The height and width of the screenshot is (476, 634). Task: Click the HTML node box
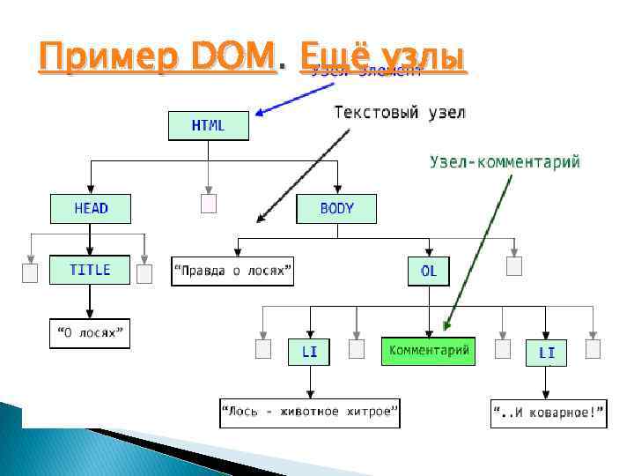209,125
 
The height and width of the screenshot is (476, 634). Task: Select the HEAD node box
91,209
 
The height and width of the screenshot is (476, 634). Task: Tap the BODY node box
336,209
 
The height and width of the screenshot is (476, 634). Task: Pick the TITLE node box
90,270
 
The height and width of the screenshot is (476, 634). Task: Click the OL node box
429,271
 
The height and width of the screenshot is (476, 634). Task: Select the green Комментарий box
428,351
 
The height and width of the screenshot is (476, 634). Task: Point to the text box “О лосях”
90,332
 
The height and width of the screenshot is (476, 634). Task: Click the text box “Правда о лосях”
232,271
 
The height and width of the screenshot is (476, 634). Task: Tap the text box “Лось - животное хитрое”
310,412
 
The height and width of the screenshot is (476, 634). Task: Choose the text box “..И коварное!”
549,413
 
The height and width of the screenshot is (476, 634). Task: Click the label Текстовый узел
400,113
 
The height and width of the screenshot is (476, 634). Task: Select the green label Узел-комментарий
505,161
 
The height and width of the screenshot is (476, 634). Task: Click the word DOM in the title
232,58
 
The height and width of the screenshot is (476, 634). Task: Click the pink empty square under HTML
209,204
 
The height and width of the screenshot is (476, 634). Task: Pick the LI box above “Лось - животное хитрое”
310,352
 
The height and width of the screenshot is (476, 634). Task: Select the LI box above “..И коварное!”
547,353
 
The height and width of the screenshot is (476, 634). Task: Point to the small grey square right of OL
514,265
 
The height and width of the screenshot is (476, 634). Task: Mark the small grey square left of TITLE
31,273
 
